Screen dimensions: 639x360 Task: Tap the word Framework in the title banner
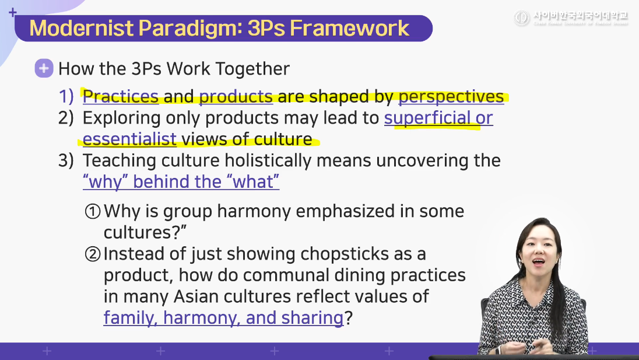(349, 28)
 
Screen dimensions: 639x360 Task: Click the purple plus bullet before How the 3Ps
(44, 68)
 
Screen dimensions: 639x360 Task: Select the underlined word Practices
(121, 97)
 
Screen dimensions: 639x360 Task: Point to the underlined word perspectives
(451, 97)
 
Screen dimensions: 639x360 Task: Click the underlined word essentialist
(129, 139)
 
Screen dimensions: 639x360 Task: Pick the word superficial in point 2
(427, 118)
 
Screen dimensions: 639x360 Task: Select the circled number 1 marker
(93, 212)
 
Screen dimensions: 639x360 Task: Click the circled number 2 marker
(93, 254)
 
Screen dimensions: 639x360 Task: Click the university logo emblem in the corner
(522, 18)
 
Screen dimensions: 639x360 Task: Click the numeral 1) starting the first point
(66, 97)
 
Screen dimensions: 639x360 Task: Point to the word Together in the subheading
(252, 69)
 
